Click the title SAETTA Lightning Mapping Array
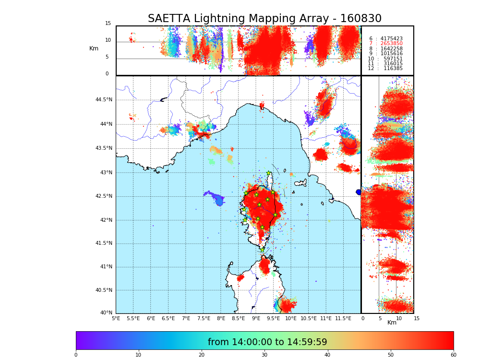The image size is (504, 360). coord(264,19)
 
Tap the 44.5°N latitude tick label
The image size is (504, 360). coord(104,100)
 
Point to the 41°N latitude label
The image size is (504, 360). coord(106,267)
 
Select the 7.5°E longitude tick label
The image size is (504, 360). coord(204,318)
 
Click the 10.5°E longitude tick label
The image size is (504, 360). coord(308,318)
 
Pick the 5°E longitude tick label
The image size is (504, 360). coord(116,318)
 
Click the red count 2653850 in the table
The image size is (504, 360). coord(391,44)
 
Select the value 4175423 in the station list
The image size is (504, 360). coord(391,38)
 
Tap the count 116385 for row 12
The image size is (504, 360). coord(393,69)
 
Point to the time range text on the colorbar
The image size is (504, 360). coord(267,342)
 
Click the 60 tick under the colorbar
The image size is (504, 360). coord(453,355)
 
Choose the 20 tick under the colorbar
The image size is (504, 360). coord(202,355)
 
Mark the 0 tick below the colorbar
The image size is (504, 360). coord(76,355)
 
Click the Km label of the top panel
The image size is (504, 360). coord(94,48)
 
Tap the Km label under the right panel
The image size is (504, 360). coord(392,323)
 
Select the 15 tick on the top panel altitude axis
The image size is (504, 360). coord(108,24)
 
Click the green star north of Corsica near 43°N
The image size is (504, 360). coord(269,173)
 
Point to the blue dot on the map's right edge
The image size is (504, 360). coord(359,192)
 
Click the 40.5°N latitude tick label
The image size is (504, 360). coord(104,290)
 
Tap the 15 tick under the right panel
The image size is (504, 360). coord(417,318)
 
